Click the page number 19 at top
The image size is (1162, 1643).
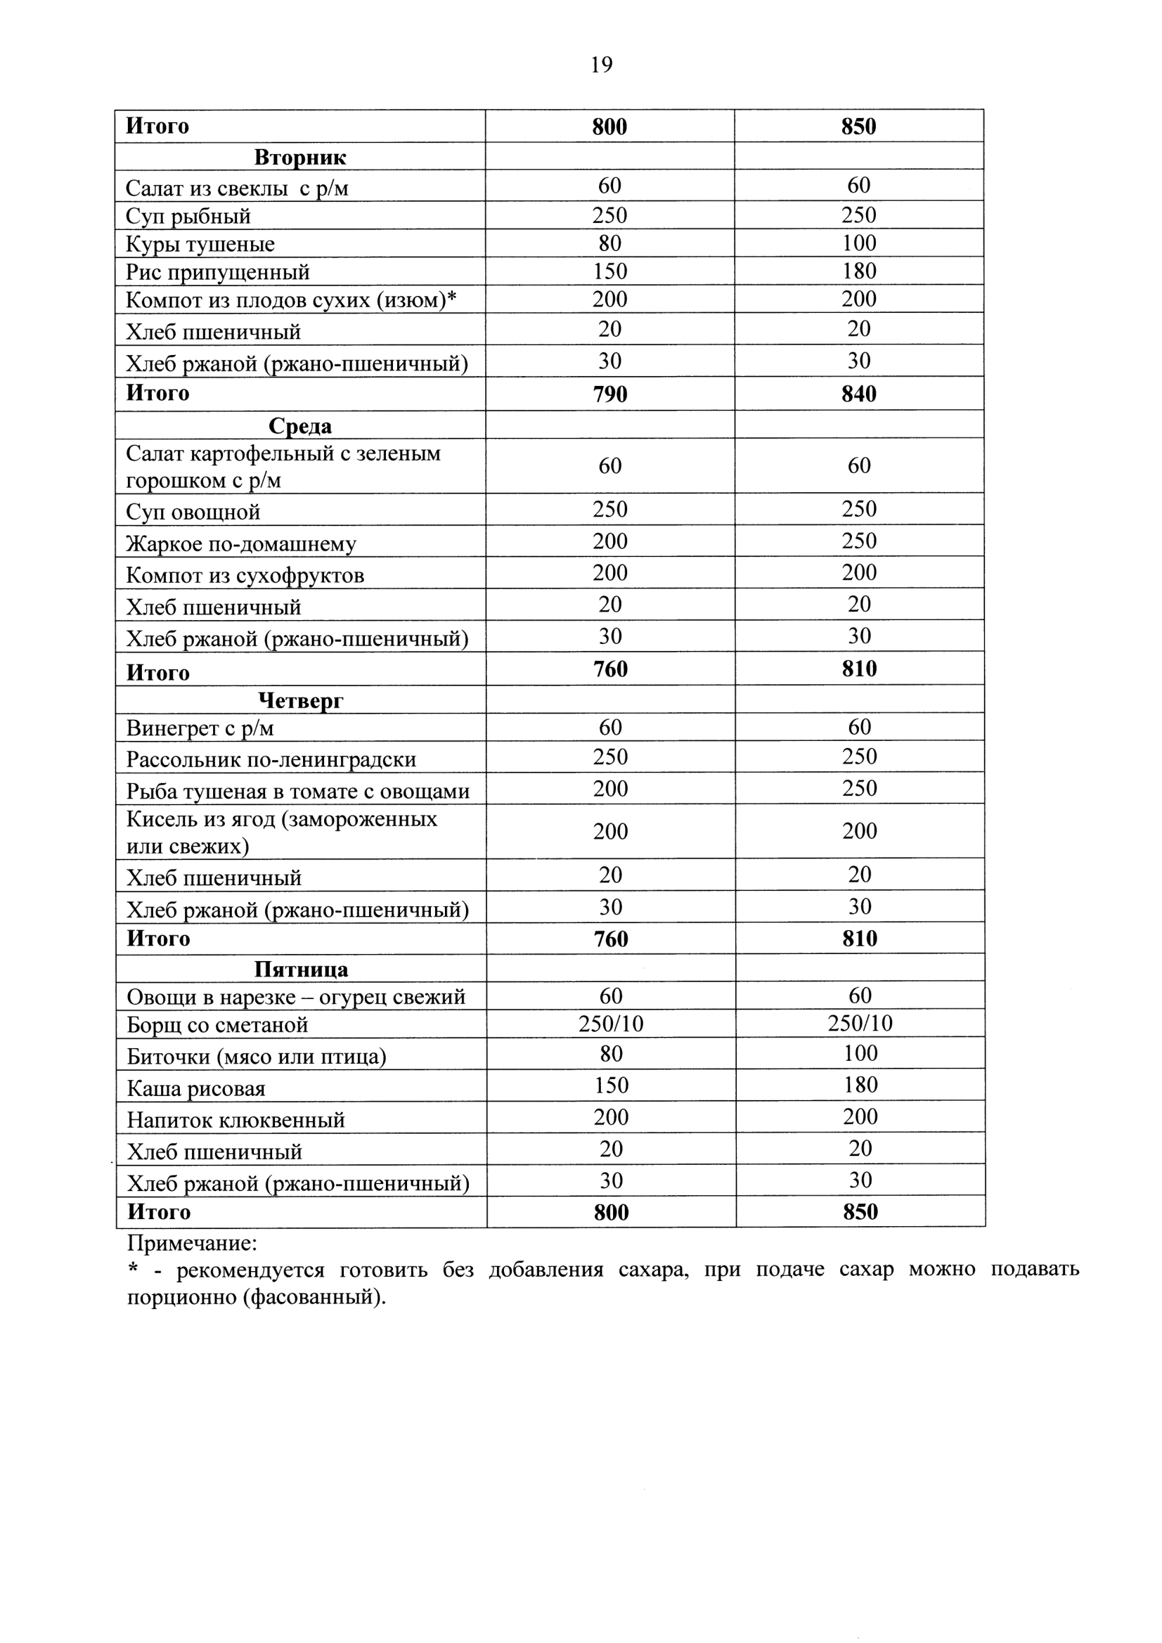[601, 65]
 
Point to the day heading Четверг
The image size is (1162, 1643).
[301, 700]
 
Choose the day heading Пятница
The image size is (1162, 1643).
[302, 969]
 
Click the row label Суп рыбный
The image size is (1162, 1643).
[188, 216]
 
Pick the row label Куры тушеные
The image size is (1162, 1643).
[200, 244]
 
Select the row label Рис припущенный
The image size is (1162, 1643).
[217, 272]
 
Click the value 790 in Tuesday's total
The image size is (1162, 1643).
[609, 394]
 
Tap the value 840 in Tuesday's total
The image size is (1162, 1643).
[858, 394]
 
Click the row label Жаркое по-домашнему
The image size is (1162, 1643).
[241, 544]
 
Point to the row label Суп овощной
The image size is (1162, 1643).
[193, 512]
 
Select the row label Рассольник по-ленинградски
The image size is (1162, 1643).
[271, 759]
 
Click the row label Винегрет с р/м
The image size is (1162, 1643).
[200, 728]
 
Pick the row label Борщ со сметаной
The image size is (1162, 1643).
[217, 1025]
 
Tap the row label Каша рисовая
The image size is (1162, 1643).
[196, 1088]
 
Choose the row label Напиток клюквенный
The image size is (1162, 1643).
[236, 1120]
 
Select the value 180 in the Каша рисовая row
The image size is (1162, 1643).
[860, 1085]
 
